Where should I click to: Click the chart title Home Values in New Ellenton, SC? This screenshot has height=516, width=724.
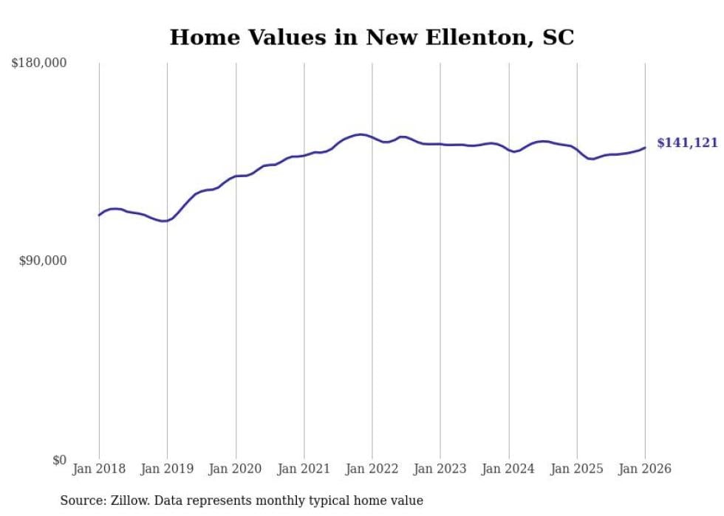[372, 37]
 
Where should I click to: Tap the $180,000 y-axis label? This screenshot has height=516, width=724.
[39, 63]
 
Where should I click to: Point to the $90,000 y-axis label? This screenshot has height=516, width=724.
[43, 261]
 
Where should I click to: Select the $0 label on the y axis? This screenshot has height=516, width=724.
[59, 460]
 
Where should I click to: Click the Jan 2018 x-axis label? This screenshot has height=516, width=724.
[99, 469]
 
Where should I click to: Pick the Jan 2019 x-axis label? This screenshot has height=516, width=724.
[167, 469]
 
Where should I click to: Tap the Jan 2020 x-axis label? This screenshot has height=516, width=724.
[236, 469]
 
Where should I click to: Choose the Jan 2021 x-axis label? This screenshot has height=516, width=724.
[304, 469]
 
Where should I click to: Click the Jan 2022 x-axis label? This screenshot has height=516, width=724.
[372, 469]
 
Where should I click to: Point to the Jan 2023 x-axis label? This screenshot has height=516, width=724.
[440, 469]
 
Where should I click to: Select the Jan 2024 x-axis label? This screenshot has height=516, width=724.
[508, 469]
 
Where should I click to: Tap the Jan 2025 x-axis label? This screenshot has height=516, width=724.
[577, 469]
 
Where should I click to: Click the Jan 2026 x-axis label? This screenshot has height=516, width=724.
[645, 469]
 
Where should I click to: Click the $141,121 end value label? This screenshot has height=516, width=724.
[687, 143]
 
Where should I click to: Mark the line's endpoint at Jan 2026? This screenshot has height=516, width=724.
[645, 148]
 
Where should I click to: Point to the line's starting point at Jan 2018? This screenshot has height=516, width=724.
[99, 216]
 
